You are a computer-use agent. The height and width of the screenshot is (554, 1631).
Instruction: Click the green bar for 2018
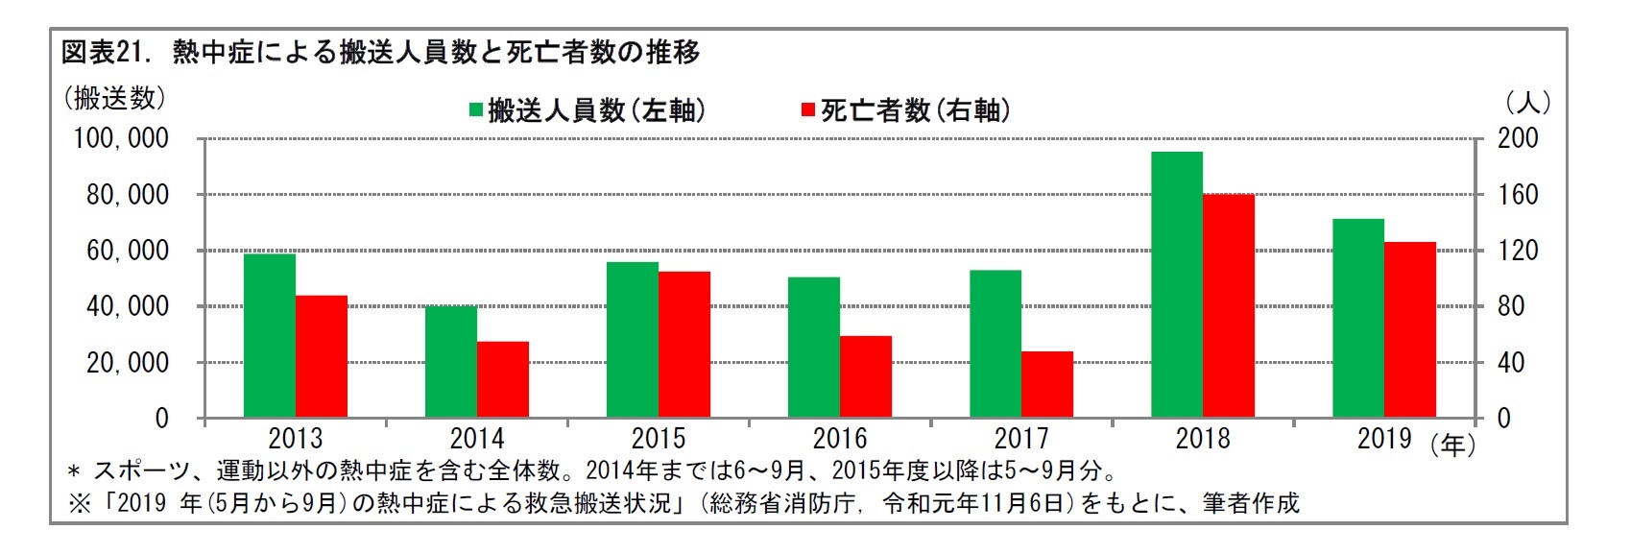pos(1176,284)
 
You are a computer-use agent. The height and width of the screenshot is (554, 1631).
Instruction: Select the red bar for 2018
pos(1229,305)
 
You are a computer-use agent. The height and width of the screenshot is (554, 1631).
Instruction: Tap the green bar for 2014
pos(450,361)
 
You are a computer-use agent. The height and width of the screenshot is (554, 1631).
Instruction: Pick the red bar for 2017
pos(1047,384)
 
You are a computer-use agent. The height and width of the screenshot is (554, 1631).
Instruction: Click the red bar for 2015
pos(684,344)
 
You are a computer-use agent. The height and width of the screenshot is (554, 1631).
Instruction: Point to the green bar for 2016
pos(813,347)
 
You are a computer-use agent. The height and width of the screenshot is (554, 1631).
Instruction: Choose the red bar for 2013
pos(322,356)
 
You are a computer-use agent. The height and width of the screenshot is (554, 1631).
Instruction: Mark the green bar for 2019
pos(1357,318)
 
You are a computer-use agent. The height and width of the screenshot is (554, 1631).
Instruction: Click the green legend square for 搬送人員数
pos(476,110)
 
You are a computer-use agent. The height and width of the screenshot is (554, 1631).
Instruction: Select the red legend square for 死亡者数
pos(808,110)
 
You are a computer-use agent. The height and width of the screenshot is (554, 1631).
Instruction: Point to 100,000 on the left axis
pos(121,139)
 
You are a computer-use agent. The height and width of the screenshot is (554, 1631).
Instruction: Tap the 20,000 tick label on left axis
pos(128,363)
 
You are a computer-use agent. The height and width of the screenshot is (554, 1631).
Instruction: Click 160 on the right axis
pos(1518,195)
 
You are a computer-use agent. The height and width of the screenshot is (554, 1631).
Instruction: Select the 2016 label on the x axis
pos(840,440)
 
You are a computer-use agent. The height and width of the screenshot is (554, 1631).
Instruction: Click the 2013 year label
pos(296,440)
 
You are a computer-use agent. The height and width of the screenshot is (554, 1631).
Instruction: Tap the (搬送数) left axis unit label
pos(114,98)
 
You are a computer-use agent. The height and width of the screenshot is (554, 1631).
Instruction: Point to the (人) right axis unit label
pos(1527,102)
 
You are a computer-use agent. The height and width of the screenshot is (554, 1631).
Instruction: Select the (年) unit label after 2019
pos(1452,445)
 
